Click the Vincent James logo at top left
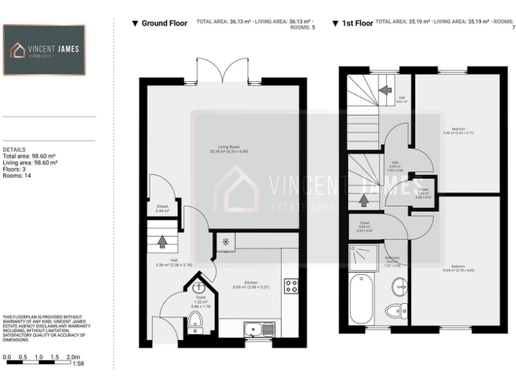[44, 50]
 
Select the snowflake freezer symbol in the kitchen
[225, 241]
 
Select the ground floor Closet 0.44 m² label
[162, 208]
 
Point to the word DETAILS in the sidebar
[14, 150]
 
